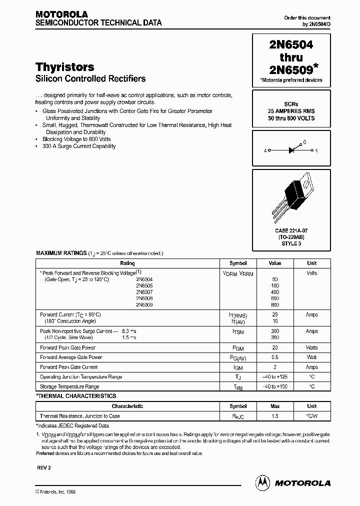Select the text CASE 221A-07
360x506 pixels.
291,230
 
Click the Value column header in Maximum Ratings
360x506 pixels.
275,263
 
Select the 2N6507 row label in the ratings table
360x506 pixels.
144,291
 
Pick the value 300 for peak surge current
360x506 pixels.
275,331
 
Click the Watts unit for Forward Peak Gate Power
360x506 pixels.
311,347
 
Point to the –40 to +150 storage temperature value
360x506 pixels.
275,386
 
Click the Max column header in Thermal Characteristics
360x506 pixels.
275,406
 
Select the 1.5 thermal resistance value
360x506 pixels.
275,416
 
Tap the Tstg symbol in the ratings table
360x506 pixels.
238,387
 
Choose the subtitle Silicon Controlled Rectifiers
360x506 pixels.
90,78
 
